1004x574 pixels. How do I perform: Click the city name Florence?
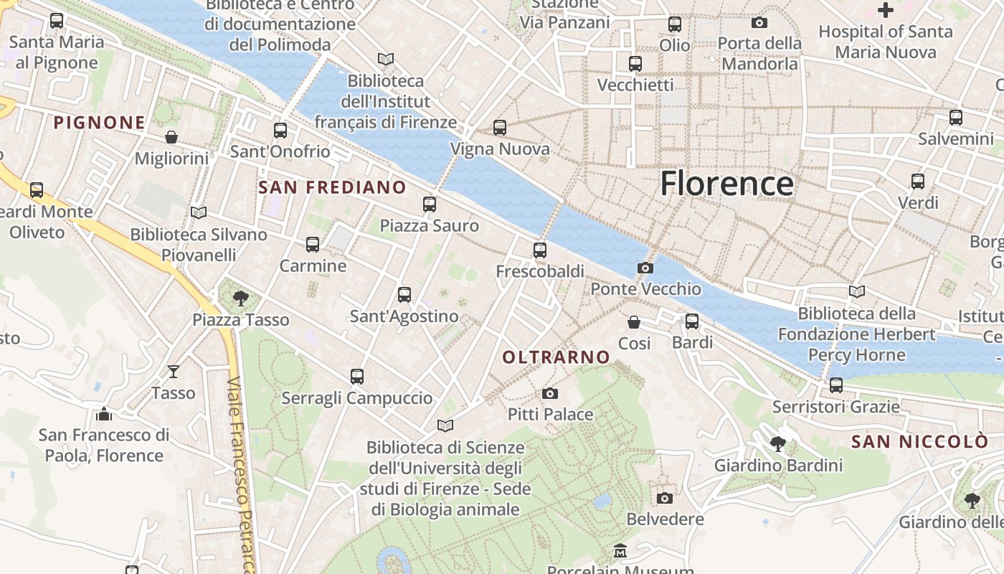726,184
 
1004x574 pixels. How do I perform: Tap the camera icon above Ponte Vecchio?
645,268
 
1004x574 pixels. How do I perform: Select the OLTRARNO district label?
556,357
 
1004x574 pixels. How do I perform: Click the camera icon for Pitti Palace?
550,393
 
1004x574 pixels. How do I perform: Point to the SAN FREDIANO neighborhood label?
332,187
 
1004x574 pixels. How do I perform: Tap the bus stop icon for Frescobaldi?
540,250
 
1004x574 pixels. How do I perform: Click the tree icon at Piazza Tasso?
241,298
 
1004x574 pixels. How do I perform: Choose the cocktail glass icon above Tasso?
173,371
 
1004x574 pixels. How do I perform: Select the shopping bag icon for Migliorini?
171,136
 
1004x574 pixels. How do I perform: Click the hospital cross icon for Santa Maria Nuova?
886,10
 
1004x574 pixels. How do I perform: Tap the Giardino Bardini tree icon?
778,444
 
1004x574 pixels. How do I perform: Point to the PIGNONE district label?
100,123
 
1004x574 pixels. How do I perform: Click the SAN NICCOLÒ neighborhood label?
919,442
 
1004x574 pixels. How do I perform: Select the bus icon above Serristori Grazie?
836,385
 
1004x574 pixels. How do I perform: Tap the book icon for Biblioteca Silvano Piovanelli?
199,212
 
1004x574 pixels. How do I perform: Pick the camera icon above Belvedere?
665,498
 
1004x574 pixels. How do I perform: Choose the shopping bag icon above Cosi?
634,322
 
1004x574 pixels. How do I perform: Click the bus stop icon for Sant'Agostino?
404,295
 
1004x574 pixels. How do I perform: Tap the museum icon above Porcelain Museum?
620,551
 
